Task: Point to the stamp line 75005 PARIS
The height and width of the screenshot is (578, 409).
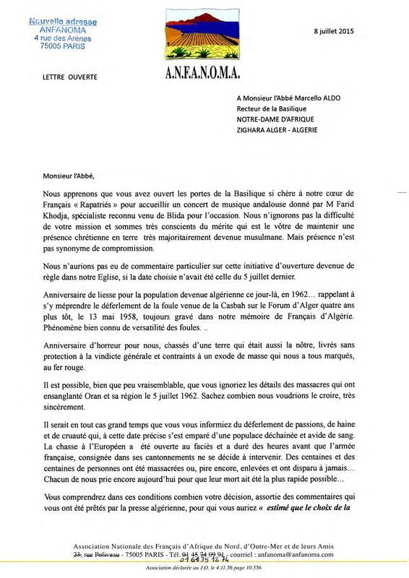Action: [64, 46]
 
